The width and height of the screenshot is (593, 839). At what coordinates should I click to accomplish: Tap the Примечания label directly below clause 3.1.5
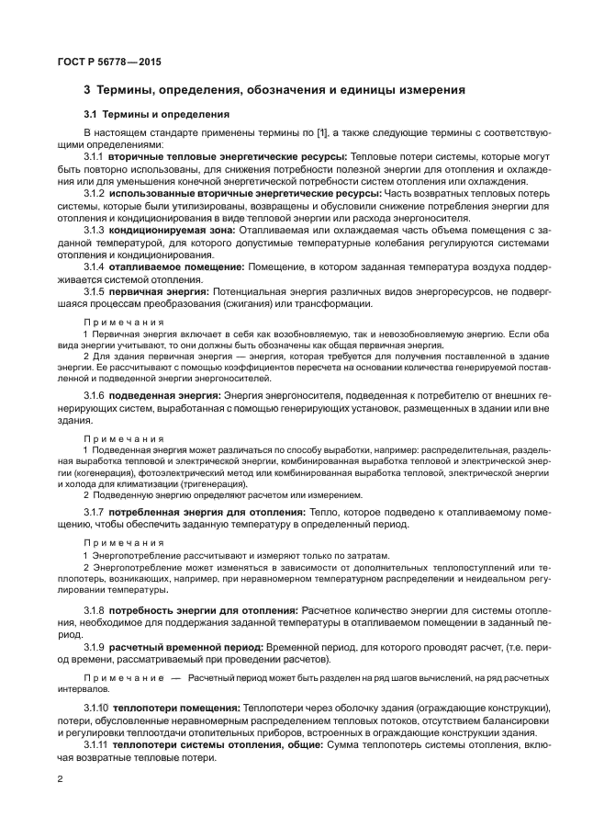click(x=124, y=323)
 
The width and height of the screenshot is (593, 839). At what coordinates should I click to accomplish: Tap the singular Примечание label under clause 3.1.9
click(x=124, y=677)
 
